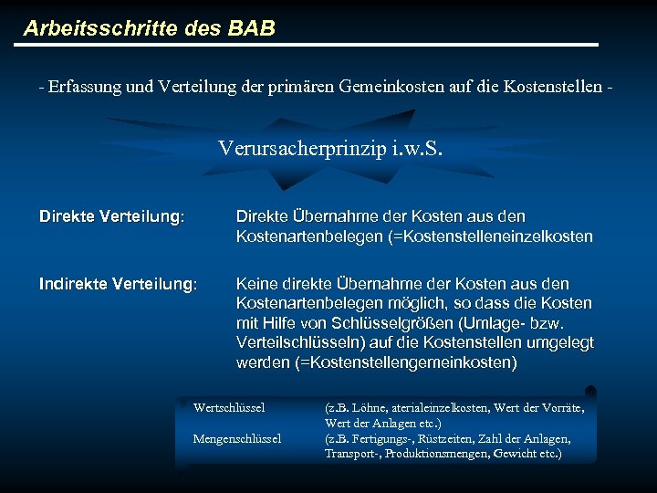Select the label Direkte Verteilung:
[111, 217]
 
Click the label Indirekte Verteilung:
[118, 283]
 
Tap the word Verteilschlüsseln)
[292, 343]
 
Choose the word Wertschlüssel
[229, 407]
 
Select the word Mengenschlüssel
[237, 438]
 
